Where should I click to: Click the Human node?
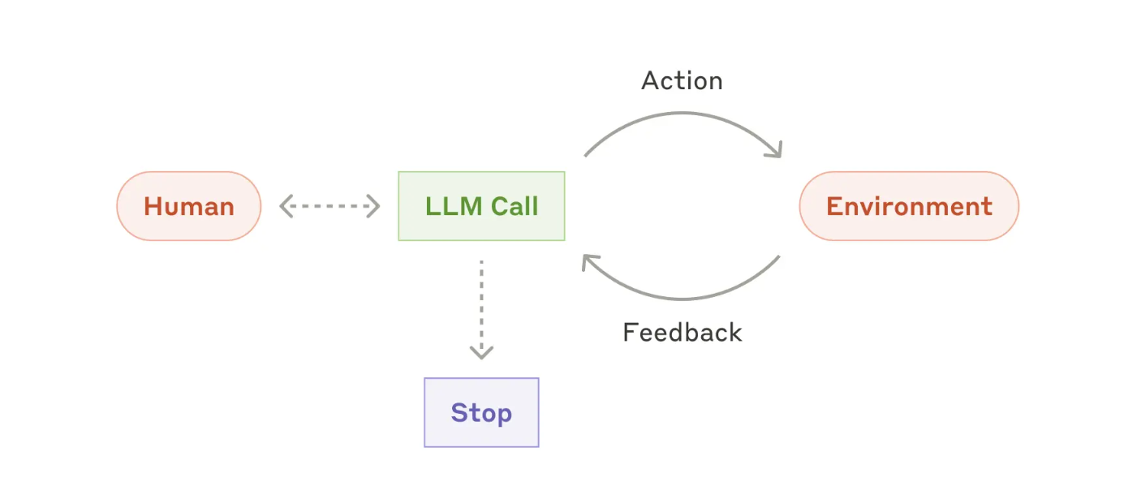(x=189, y=206)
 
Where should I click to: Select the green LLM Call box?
(x=482, y=206)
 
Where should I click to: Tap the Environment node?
(x=909, y=206)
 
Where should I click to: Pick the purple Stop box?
(x=482, y=412)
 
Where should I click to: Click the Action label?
(x=683, y=81)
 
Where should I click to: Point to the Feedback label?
(x=683, y=333)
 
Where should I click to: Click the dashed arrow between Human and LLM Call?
(x=330, y=206)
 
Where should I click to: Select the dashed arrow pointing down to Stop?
(x=482, y=309)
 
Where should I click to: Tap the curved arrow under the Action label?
(x=683, y=113)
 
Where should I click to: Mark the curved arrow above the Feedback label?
(x=683, y=299)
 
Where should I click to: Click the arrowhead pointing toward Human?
(x=286, y=206)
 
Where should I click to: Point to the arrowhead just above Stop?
(x=482, y=353)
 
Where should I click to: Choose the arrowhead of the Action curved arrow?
(x=776, y=150)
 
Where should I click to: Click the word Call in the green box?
(x=515, y=206)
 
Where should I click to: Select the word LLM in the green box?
(x=454, y=206)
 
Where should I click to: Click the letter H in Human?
(x=153, y=206)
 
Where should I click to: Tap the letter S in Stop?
(x=459, y=412)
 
